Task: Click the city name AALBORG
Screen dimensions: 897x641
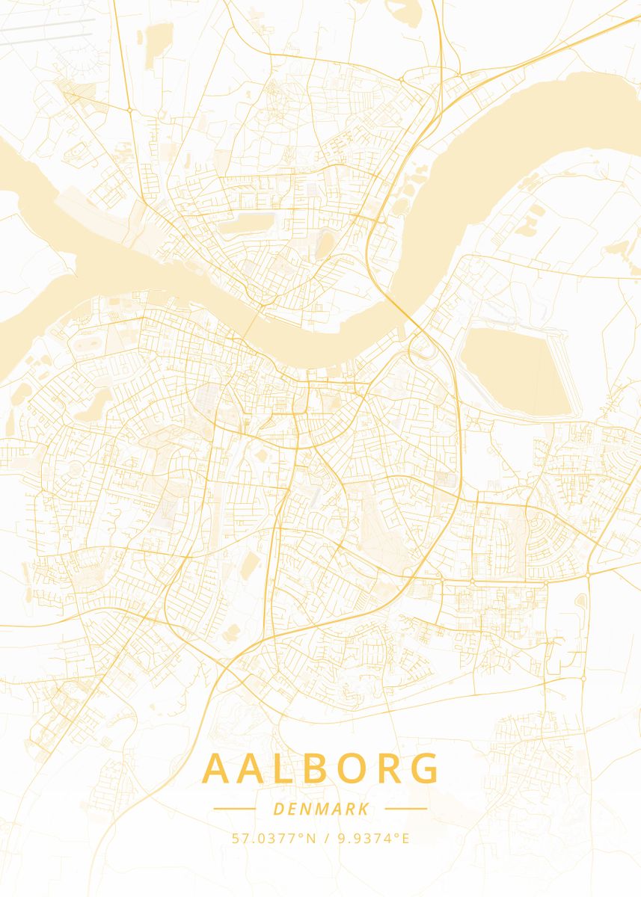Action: click(x=321, y=769)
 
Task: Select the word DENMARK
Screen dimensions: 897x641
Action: click(x=321, y=809)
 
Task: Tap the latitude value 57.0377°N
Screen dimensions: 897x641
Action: click(x=274, y=838)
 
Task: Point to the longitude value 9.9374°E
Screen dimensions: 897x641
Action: click(x=373, y=838)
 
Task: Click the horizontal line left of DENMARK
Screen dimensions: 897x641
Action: click(x=235, y=809)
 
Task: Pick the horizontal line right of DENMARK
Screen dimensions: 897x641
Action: click(x=405, y=809)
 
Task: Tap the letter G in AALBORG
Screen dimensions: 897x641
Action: click(x=425, y=769)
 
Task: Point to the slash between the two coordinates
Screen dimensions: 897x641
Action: click(x=327, y=838)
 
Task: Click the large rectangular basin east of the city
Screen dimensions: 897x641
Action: click(x=520, y=370)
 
